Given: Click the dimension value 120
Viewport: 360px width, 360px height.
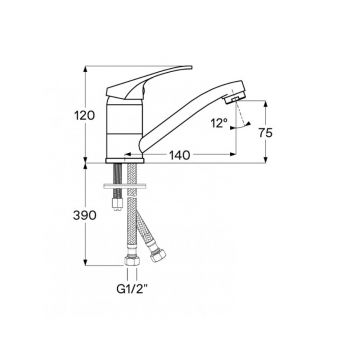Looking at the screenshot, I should [85, 116].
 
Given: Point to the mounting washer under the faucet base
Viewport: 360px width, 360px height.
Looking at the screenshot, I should [129, 181].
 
